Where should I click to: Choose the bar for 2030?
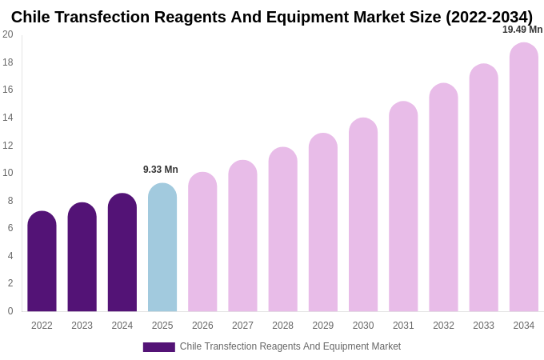[363, 215]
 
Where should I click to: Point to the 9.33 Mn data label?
[161, 170]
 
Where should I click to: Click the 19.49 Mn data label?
[522, 30]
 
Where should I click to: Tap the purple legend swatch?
[158, 347]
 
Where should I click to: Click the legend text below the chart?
[290, 346]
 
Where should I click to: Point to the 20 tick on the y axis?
[8, 34]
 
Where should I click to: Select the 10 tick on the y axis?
[8, 173]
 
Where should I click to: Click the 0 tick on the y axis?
[10, 311]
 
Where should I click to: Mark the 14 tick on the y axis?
[8, 118]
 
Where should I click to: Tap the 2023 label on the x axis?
[82, 326]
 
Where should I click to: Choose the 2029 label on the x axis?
[323, 326]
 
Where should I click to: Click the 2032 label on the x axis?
[443, 326]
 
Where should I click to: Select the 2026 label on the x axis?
[202, 326]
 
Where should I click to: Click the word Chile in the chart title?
[31, 17]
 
